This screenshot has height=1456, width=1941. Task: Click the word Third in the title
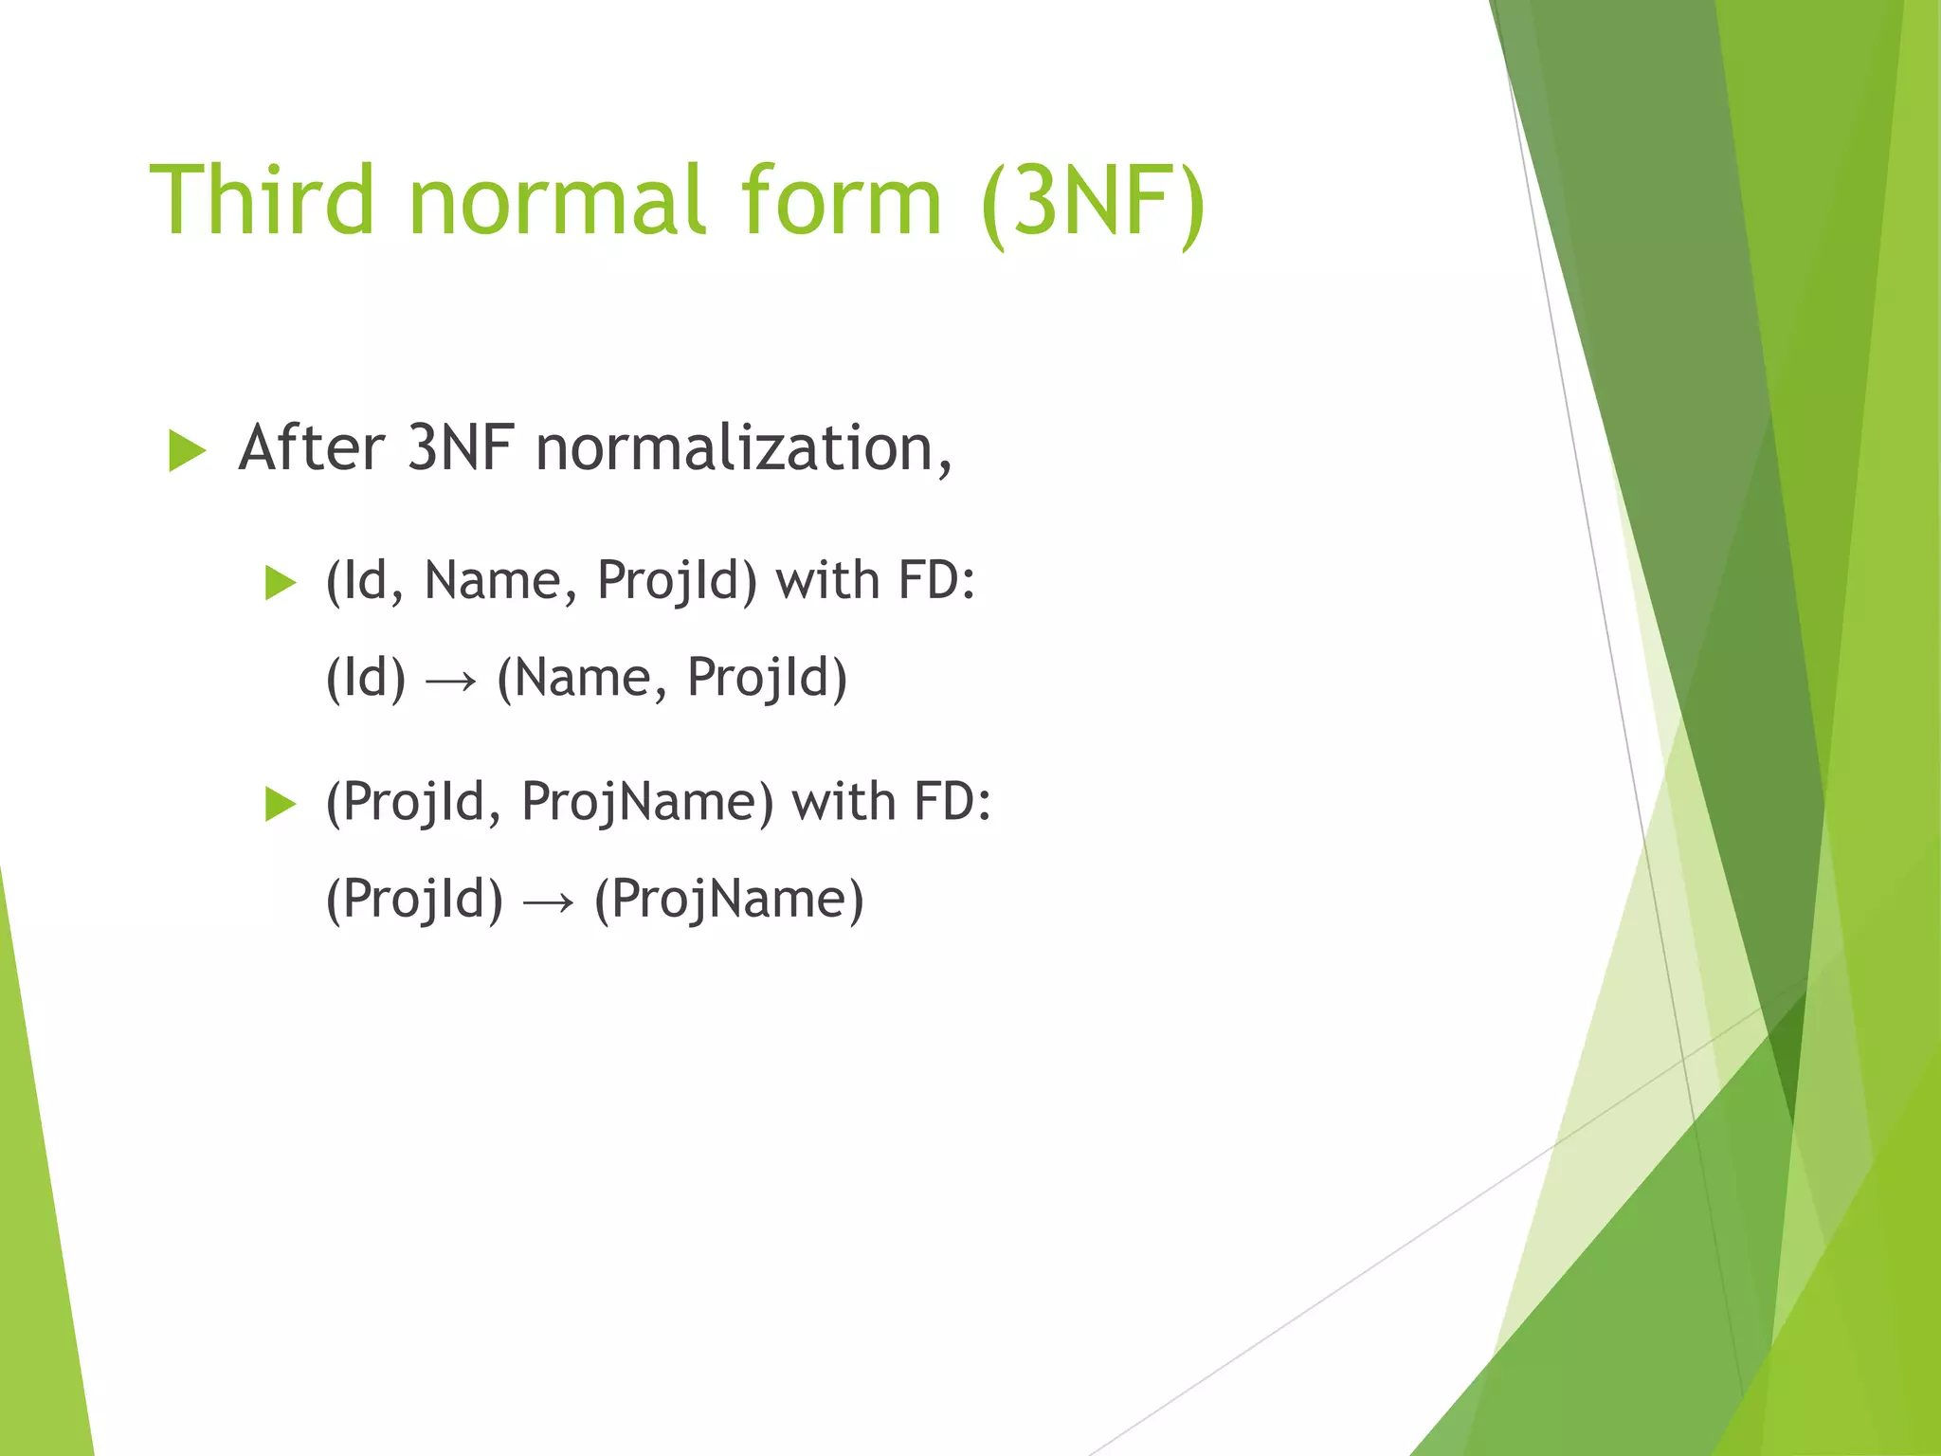click(x=263, y=200)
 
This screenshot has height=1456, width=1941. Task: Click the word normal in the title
click(x=557, y=200)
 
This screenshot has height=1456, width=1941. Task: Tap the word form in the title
click(x=841, y=200)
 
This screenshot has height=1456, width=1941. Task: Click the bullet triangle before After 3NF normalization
click(x=187, y=450)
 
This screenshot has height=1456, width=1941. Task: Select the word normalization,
click(x=743, y=449)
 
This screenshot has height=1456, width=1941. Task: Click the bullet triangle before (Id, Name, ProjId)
click(x=281, y=583)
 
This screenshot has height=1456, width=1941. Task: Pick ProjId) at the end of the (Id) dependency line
click(x=766, y=679)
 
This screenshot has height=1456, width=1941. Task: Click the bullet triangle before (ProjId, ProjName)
click(x=281, y=804)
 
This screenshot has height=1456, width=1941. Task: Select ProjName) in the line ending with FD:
click(x=647, y=802)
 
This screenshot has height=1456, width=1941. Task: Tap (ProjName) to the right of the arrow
click(x=728, y=900)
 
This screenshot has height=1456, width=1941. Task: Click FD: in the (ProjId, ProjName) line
click(x=952, y=802)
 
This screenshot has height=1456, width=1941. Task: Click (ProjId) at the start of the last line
click(x=414, y=900)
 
